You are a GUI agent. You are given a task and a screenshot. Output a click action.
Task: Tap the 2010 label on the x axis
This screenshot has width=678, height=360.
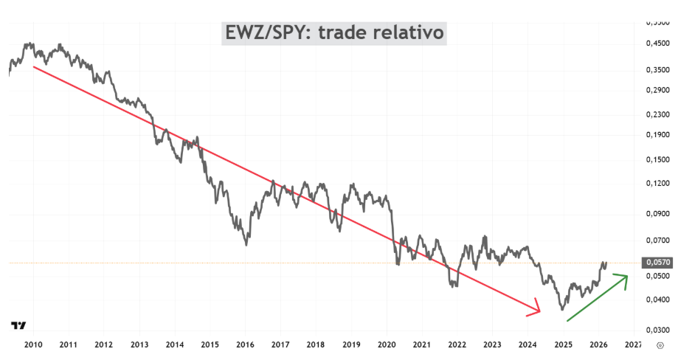tap(33, 344)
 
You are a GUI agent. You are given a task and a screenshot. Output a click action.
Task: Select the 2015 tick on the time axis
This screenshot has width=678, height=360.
tap(210, 344)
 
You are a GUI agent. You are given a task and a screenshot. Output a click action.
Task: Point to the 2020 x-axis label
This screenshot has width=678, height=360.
tap(387, 344)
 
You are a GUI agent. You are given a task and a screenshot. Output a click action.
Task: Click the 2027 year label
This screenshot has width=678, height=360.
tap(633, 344)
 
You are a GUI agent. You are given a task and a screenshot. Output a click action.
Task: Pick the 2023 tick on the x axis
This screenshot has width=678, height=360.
tap(492, 344)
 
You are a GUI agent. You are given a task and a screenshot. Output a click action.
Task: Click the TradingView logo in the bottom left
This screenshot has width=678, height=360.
tap(19, 325)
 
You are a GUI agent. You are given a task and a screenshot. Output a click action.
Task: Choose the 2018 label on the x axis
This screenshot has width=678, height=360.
tap(316, 344)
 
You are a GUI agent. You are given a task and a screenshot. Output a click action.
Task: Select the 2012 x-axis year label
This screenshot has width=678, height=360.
tap(104, 344)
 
